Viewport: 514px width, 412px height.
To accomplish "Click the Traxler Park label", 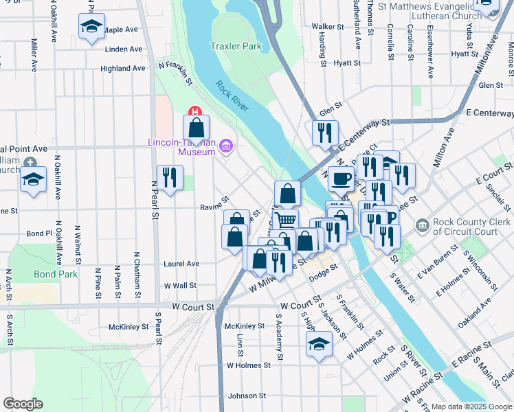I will [236, 47].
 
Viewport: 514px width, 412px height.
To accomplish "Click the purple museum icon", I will [226, 145].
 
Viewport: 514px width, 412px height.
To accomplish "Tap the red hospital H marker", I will [195, 111].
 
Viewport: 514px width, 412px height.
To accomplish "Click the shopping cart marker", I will [286, 220].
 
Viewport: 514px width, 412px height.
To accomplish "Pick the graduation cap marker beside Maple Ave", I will [91, 27].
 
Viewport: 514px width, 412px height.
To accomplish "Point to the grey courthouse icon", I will [421, 225].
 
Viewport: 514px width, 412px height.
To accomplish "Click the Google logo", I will [22, 404].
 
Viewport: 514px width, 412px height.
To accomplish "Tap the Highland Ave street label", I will [123, 69].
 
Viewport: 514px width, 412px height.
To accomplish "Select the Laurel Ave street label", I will [181, 264].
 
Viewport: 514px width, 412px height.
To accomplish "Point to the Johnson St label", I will [247, 396].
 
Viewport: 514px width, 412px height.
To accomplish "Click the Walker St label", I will [327, 27].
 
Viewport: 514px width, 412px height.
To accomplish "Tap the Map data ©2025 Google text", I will [471, 407].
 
